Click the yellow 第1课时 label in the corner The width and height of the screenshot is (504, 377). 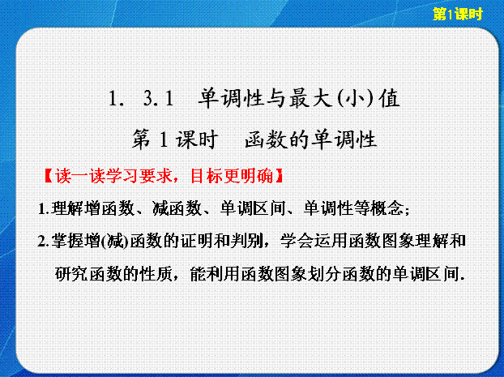click(x=457, y=14)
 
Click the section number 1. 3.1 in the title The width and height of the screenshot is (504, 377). click(x=141, y=98)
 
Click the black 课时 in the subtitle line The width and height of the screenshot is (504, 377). click(x=197, y=139)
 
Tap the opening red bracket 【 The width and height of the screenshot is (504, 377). click(x=49, y=176)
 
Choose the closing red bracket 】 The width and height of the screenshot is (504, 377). click(x=279, y=176)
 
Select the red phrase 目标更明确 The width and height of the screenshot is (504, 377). click(x=232, y=176)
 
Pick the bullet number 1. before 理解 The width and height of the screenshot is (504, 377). click(x=44, y=208)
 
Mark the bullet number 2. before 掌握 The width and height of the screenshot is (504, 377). click(x=44, y=242)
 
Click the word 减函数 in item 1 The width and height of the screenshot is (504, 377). click(x=177, y=208)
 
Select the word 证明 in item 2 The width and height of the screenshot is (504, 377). click(x=197, y=242)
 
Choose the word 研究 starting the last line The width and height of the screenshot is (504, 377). click(x=71, y=274)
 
